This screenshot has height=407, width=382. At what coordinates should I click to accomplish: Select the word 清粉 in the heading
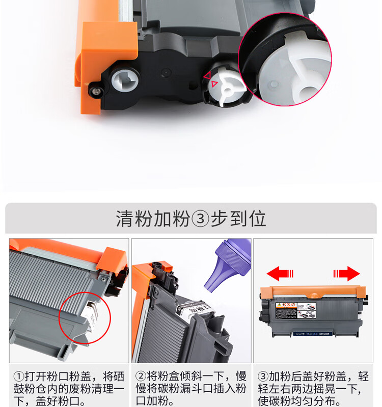pyautogui.click(x=134, y=219)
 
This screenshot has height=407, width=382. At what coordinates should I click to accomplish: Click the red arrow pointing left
pyautogui.click(x=280, y=274)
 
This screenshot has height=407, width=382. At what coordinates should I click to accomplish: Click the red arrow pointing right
pyautogui.click(x=347, y=274)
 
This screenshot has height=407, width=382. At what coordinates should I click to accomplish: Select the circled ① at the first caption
pyautogui.click(x=18, y=377)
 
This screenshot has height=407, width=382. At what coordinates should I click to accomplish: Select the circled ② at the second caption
pyautogui.click(x=141, y=377)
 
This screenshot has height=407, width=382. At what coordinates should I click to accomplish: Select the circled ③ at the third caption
pyautogui.click(x=263, y=377)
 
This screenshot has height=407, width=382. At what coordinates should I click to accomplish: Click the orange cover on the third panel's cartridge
pyautogui.click(x=313, y=292)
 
